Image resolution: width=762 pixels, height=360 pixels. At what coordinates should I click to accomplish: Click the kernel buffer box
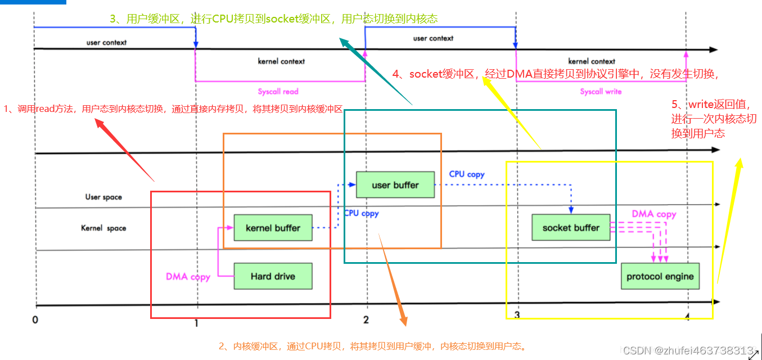click(273, 228)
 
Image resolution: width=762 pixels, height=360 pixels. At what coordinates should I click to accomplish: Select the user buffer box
click(395, 184)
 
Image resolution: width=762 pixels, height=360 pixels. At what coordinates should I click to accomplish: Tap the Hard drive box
click(273, 276)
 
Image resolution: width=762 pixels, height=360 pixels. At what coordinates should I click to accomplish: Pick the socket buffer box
click(571, 227)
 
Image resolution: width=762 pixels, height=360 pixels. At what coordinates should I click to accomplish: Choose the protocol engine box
click(660, 276)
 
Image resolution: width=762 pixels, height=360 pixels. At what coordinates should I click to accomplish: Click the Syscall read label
click(278, 92)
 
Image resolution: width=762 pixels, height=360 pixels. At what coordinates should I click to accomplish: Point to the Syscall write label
click(601, 92)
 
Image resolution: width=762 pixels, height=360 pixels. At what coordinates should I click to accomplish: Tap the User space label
click(103, 197)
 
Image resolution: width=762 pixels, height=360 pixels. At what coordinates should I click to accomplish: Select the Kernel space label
click(103, 228)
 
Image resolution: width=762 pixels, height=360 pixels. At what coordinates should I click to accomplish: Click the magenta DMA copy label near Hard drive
click(188, 277)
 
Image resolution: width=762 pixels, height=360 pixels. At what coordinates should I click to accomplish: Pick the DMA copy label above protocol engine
click(654, 214)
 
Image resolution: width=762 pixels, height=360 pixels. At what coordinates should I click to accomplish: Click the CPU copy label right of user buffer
click(467, 174)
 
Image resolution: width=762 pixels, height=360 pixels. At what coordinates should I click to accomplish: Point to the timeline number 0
click(35, 320)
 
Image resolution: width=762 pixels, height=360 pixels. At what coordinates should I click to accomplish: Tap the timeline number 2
click(366, 320)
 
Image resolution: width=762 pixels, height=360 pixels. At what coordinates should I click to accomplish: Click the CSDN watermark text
click(688, 350)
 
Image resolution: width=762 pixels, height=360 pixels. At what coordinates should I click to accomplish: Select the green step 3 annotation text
click(273, 19)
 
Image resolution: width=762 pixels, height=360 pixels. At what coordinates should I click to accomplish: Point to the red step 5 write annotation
click(714, 119)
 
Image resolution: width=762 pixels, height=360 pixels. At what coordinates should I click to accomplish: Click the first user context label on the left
click(106, 43)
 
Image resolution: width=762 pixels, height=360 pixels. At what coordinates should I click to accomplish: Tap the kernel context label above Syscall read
click(281, 61)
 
